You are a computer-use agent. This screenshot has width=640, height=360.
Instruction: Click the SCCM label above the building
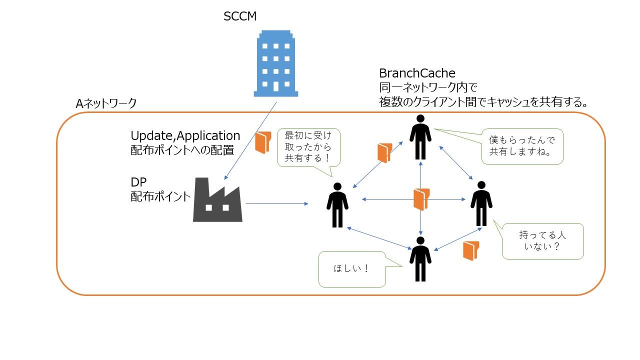click(x=240, y=16)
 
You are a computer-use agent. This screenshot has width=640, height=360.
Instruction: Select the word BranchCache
click(x=417, y=73)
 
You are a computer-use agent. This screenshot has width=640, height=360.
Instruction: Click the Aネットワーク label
click(x=106, y=103)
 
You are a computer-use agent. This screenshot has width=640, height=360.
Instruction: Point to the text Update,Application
click(x=185, y=136)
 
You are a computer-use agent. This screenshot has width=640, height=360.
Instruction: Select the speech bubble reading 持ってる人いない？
click(x=542, y=241)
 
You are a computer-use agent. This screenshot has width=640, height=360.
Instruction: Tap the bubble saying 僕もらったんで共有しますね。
click(x=522, y=146)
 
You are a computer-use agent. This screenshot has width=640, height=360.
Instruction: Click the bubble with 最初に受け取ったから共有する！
click(x=308, y=147)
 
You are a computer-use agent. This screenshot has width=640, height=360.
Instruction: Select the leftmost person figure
click(x=337, y=204)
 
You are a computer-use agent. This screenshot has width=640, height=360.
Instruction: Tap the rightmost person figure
click(x=481, y=203)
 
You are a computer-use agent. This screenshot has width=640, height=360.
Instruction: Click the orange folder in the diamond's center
click(x=421, y=199)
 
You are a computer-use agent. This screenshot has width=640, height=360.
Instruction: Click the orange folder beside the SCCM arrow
click(x=262, y=142)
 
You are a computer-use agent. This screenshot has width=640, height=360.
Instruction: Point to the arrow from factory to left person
click(x=276, y=203)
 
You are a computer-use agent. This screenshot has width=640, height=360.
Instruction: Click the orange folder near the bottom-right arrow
click(x=471, y=250)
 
